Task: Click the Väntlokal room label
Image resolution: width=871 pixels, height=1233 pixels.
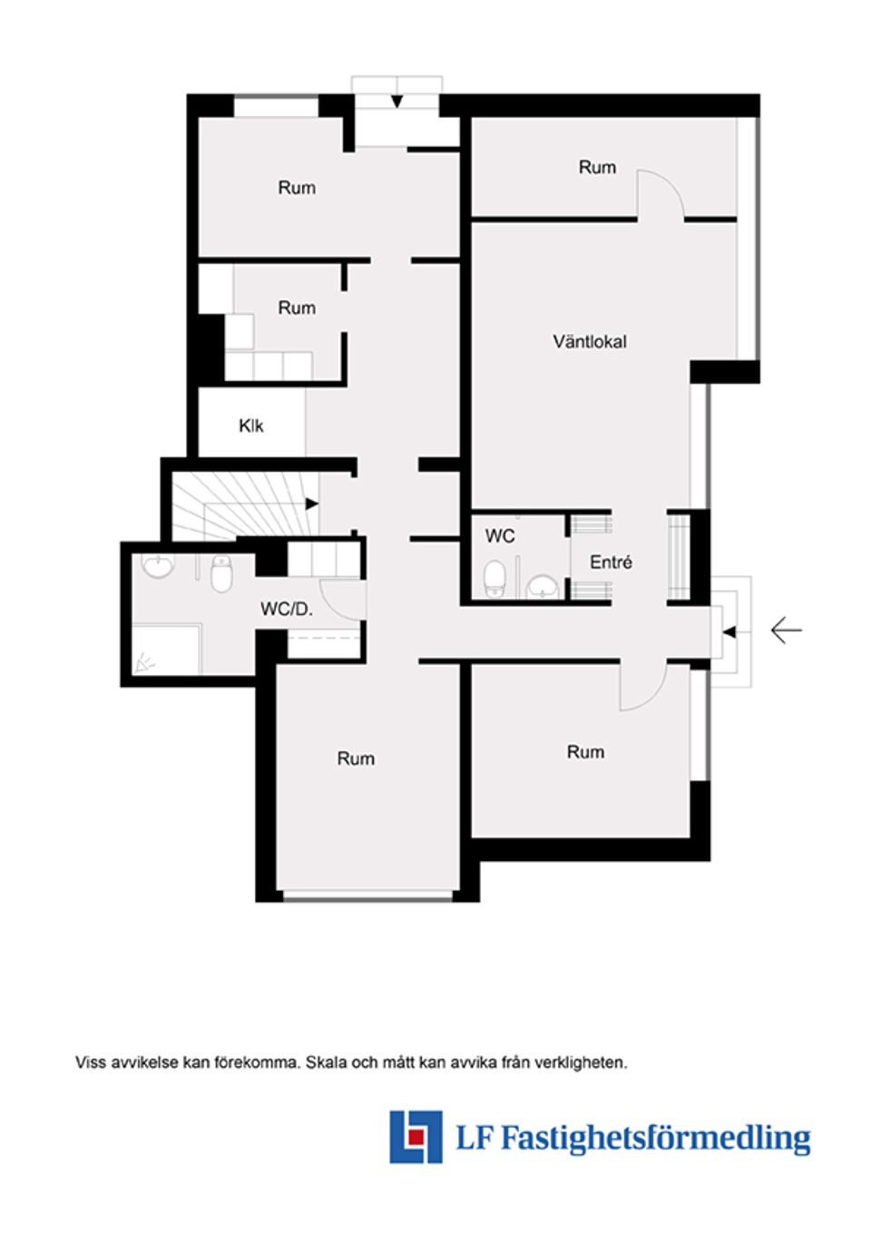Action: [x=590, y=342]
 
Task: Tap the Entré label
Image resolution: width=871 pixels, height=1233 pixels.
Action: [x=611, y=563]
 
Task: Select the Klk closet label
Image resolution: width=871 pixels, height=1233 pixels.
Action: [x=251, y=426]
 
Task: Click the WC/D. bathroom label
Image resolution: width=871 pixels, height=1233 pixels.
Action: [x=286, y=610]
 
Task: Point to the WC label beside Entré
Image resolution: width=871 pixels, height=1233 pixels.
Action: [x=500, y=536]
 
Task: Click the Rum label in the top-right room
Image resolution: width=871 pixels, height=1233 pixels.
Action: [x=597, y=167]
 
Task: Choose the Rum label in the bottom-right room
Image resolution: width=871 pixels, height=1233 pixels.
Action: [x=585, y=752]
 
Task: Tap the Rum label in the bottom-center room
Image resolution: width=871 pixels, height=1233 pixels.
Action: [x=356, y=758]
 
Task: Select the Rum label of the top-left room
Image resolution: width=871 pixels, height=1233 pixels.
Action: [x=297, y=188]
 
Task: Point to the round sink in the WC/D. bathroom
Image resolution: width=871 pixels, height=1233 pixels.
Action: [x=159, y=567]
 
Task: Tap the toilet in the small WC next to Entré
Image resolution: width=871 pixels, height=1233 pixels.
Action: [x=494, y=578]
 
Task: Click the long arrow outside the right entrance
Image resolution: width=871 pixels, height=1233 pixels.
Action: [x=786, y=630]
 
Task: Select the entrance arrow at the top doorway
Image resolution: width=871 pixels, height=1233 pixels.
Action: [x=397, y=101]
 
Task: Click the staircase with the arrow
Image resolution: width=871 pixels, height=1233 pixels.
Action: [x=245, y=508]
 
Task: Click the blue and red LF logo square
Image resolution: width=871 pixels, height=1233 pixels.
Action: [x=416, y=1136]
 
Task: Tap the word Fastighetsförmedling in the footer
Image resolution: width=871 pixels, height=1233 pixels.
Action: [x=655, y=1137]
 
